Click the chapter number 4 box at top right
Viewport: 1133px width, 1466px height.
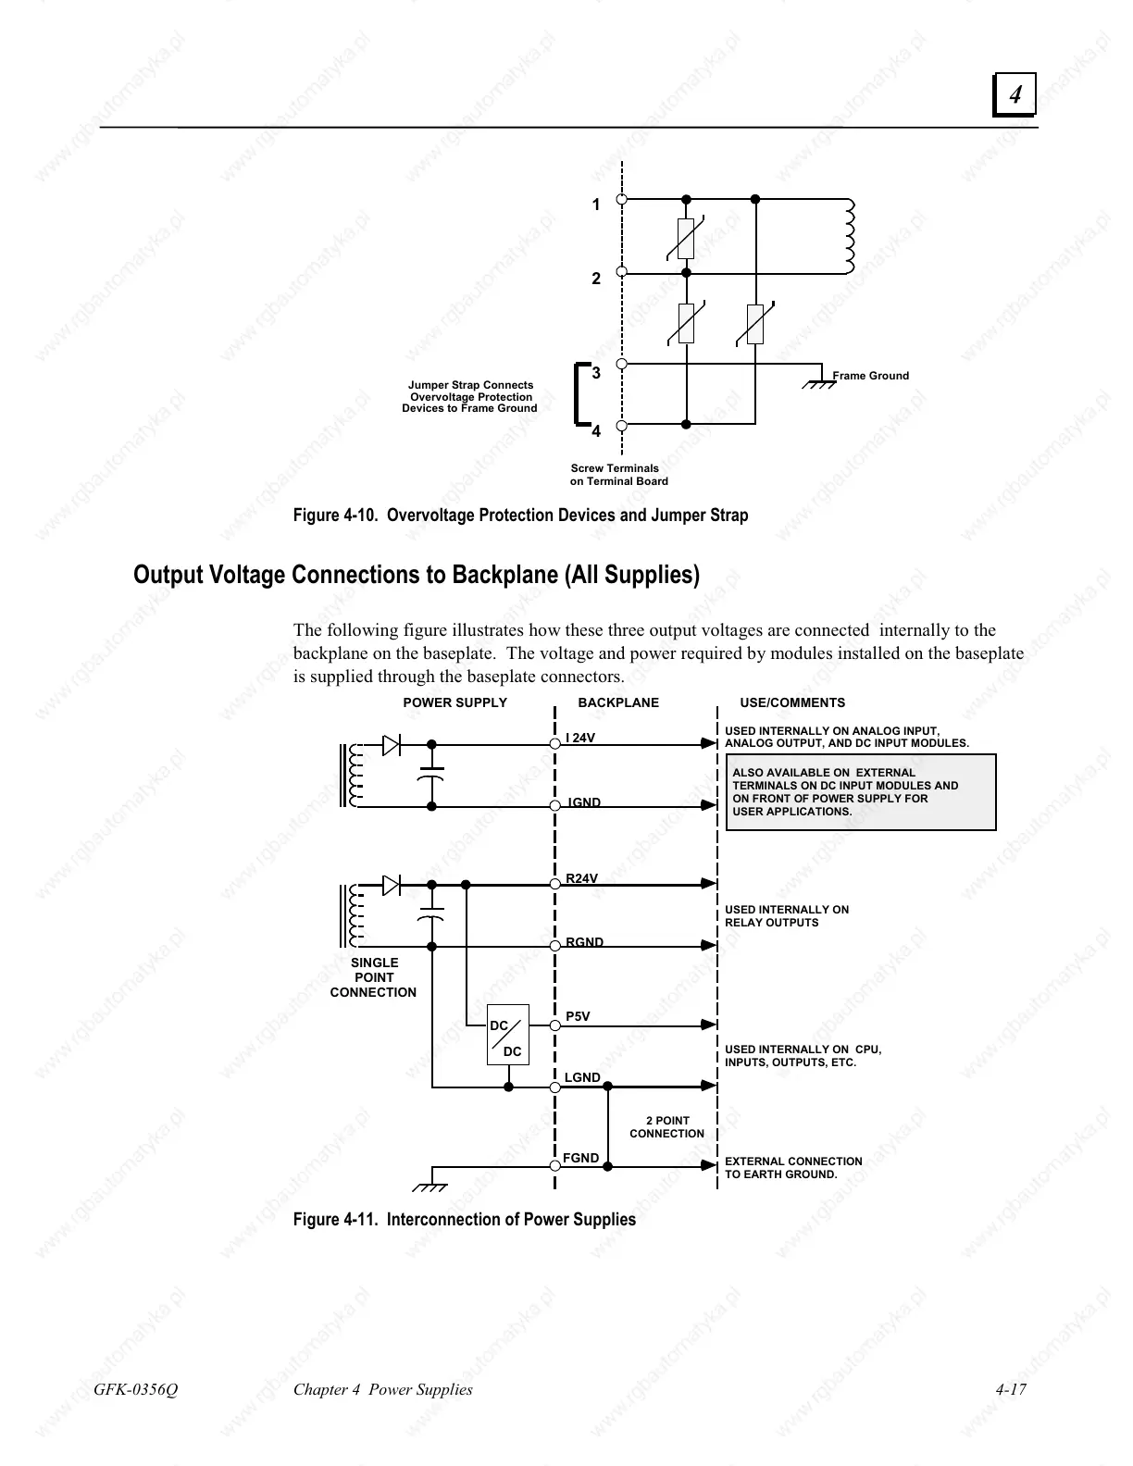(x=1015, y=94)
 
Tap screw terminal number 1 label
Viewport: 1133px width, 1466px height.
(x=596, y=205)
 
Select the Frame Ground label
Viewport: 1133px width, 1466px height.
(x=870, y=376)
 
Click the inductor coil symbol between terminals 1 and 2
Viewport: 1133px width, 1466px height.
(x=849, y=236)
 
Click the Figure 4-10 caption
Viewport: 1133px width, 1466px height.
(x=520, y=516)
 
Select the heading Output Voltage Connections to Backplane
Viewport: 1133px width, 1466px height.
(x=417, y=575)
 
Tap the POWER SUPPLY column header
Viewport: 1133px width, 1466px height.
(x=454, y=702)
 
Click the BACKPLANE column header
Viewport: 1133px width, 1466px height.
(x=618, y=702)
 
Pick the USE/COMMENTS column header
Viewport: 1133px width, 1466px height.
(x=792, y=702)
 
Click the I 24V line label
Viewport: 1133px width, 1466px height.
(x=580, y=738)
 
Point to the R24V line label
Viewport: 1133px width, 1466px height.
(x=582, y=878)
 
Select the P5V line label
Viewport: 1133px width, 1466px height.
(x=578, y=1016)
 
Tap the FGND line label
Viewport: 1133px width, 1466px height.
(x=581, y=1158)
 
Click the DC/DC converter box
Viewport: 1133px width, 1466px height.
(x=507, y=1035)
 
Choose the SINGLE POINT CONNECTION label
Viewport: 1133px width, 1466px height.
(x=374, y=977)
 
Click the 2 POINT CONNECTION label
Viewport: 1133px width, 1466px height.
(x=667, y=1127)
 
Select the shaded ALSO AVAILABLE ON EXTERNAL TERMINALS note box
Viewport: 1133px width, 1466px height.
(x=861, y=792)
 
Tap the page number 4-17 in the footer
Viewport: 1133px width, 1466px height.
(x=1011, y=1389)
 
